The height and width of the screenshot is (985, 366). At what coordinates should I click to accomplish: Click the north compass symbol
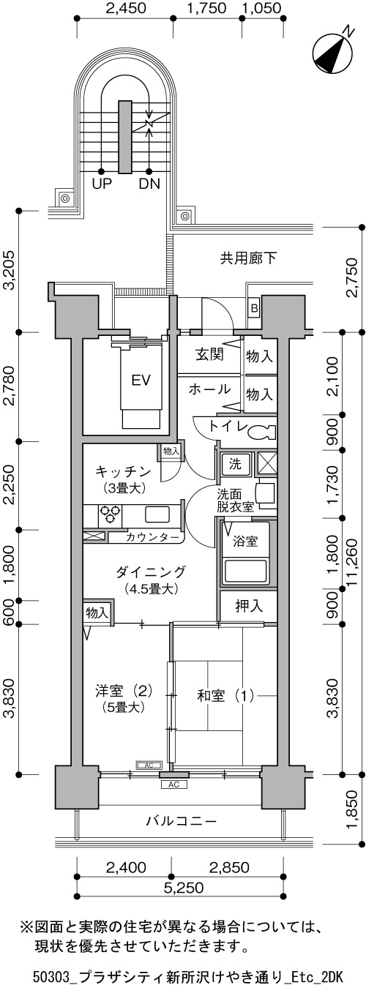(333, 51)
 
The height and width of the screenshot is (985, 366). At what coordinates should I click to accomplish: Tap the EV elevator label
(141, 380)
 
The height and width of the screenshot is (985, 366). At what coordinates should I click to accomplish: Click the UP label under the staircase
(102, 184)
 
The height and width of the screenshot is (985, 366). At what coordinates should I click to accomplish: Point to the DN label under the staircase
(149, 184)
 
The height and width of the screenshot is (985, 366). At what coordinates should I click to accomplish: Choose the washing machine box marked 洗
(236, 463)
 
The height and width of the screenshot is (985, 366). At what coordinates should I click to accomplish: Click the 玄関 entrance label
(209, 354)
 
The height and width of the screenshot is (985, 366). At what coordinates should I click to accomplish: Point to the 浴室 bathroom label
(244, 541)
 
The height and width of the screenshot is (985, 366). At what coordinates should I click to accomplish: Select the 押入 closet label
(249, 606)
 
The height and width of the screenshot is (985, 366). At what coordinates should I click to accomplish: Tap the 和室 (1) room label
(225, 696)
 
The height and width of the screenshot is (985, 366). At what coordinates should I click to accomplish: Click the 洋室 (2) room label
(124, 691)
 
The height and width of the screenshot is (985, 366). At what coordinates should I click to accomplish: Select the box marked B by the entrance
(254, 308)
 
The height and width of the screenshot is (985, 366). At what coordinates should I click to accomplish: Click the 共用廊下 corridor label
(249, 258)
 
